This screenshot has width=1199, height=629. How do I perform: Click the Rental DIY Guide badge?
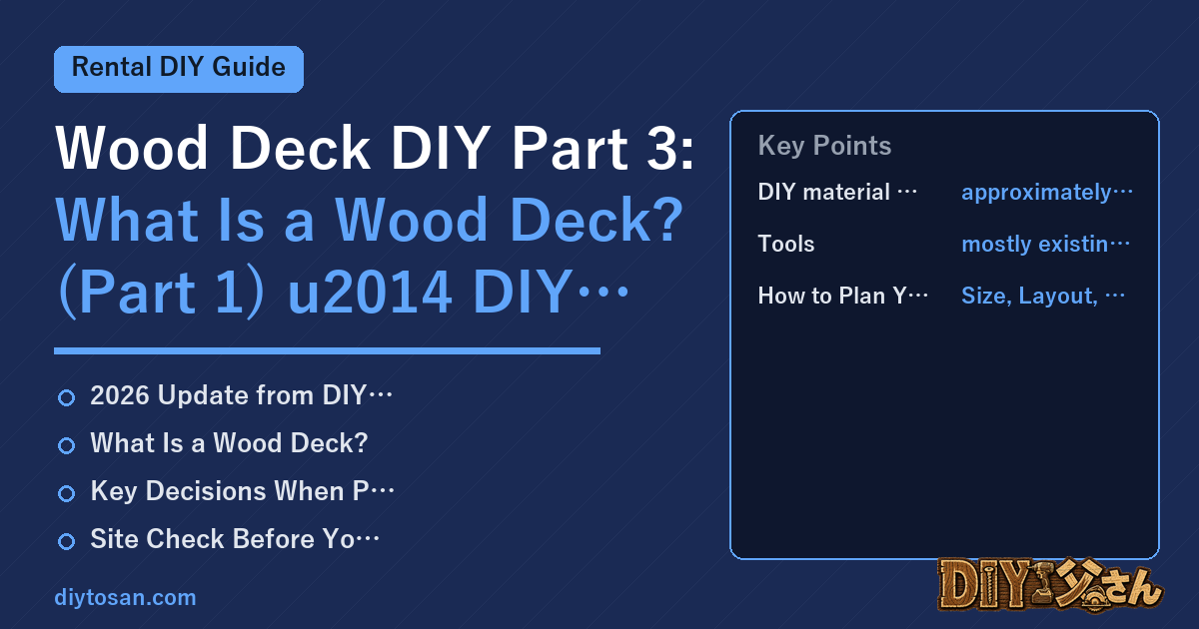(179, 69)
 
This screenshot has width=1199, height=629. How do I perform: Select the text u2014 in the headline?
(370, 293)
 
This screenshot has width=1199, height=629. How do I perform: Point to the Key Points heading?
(824, 146)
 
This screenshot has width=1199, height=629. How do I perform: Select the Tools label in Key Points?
(785, 244)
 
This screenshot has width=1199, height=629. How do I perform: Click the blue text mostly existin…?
(1045, 245)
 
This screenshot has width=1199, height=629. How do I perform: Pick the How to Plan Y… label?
(843, 296)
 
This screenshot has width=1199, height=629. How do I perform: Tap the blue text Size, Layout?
(1030, 296)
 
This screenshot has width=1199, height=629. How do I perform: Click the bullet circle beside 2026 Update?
(66, 398)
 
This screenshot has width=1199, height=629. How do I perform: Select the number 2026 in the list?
(120, 395)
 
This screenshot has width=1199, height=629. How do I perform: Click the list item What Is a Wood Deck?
(229, 443)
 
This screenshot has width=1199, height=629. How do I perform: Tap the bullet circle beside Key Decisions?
(66, 493)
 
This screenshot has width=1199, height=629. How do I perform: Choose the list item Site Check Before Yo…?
(235, 539)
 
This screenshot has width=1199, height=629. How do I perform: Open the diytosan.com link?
(125, 597)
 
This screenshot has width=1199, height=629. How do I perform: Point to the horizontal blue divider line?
(327, 350)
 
